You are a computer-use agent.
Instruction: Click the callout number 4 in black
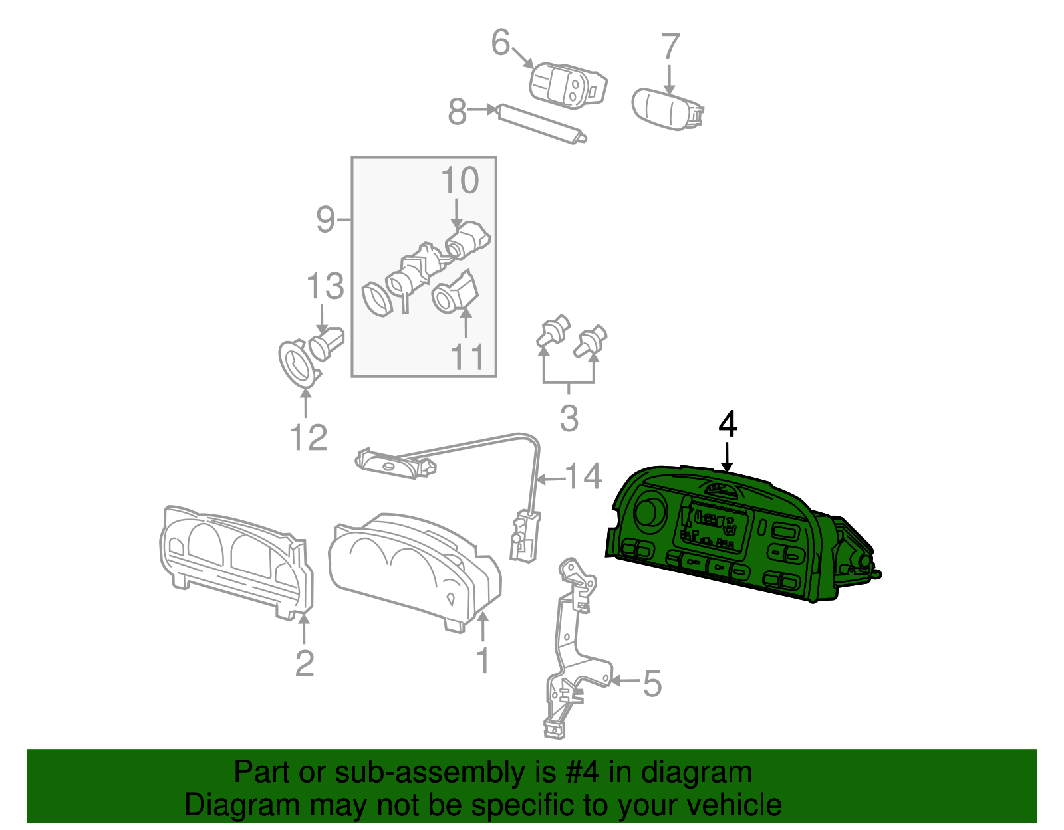click(x=728, y=424)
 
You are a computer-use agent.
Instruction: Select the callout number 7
click(x=670, y=47)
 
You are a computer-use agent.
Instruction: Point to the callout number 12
click(x=308, y=437)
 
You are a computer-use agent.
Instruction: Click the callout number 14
click(x=583, y=476)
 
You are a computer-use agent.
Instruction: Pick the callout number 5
click(x=652, y=683)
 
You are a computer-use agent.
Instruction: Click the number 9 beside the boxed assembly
click(x=325, y=219)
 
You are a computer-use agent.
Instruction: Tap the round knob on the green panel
click(x=649, y=512)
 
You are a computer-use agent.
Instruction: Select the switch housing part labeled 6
click(x=569, y=85)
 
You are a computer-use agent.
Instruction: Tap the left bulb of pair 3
click(x=552, y=331)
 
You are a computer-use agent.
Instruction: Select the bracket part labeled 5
click(x=572, y=651)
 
